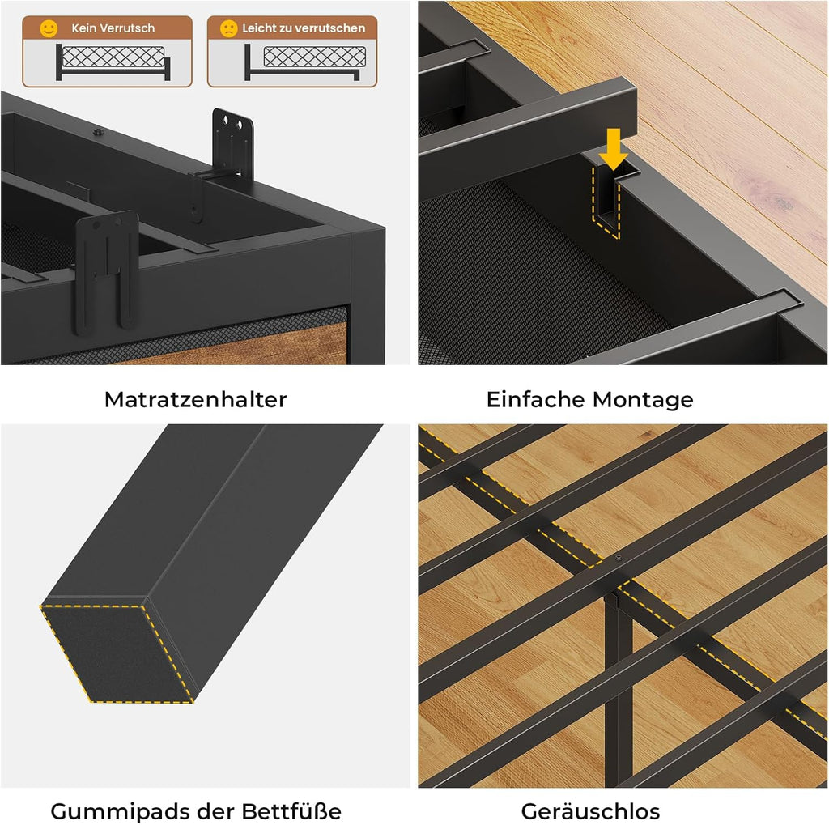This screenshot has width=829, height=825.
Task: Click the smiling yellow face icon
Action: click(49, 28)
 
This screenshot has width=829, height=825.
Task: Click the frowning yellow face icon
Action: click(228, 28)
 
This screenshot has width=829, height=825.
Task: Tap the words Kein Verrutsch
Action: click(113, 28)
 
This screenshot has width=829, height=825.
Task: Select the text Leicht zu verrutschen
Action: click(304, 28)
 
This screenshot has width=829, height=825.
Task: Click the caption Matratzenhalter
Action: click(196, 399)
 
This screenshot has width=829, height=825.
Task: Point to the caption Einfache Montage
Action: click(589, 400)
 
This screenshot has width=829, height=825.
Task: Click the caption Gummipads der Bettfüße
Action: click(196, 810)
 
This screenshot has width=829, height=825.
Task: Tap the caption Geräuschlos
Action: click(590, 810)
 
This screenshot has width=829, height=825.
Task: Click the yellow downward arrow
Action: click(614, 149)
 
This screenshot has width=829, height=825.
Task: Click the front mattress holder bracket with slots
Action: click(106, 272)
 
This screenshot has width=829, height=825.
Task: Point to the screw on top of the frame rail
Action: click(97, 132)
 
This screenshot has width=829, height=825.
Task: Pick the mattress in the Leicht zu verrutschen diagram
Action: click(315, 56)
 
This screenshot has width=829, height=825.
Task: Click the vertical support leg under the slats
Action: click(618, 687)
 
